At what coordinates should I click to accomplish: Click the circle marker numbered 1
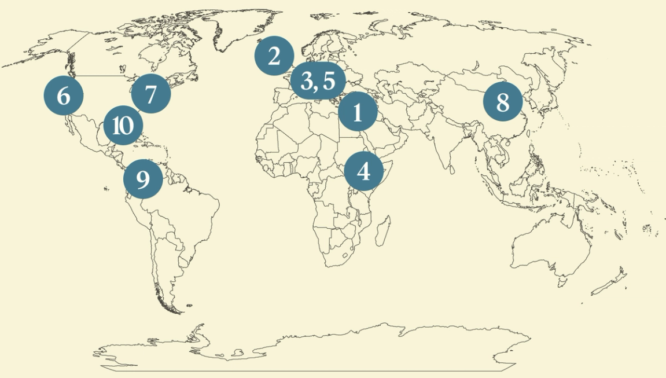pyautogui.click(x=358, y=112)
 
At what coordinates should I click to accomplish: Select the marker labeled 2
pyautogui.click(x=274, y=56)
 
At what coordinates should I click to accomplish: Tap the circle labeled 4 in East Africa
pyautogui.click(x=363, y=171)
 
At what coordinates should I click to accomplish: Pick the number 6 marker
pyautogui.click(x=63, y=96)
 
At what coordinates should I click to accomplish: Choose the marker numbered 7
pyautogui.click(x=150, y=94)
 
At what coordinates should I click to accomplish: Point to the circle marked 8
pyautogui.click(x=503, y=102)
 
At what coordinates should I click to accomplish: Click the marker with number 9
pyautogui.click(x=143, y=179)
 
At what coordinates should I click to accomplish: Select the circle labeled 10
pyautogui.click(x=123, y=125)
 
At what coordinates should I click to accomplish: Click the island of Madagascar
pyautogui.click(x=382, y=230)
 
